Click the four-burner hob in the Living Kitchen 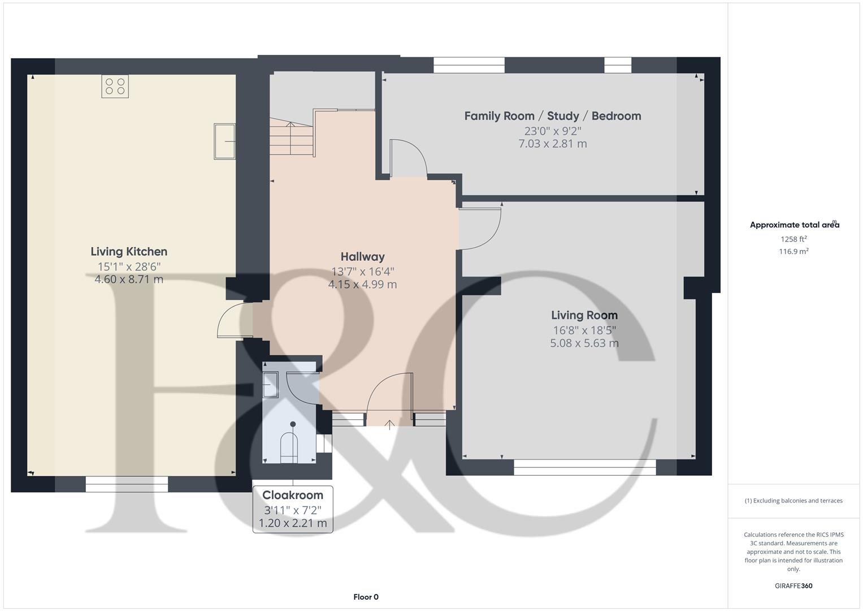115,86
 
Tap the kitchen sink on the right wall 224,141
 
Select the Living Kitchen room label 129,252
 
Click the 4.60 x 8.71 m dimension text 129,279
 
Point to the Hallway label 362,257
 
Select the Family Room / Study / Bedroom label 552,116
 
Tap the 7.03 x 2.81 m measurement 552,144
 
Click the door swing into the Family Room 408,158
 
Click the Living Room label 584,315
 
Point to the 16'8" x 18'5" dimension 584,330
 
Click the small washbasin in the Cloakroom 271,385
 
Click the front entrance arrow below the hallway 389,424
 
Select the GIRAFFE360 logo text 793,586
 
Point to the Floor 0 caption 366,597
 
